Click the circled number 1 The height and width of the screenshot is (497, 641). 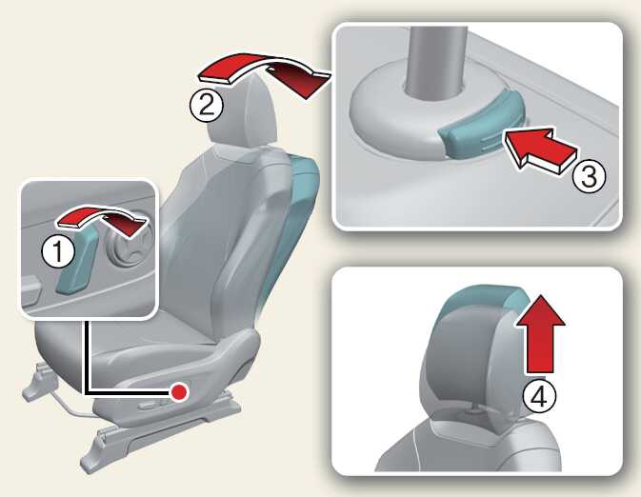tap(58, 251)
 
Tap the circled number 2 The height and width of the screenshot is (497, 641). tap(207, 105)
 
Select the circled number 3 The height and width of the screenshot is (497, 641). tap(589, 176)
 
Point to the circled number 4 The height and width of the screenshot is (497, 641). tap(540, 396)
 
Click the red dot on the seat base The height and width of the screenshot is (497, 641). tap(179, 392)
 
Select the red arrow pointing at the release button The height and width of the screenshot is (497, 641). tap(540, 150)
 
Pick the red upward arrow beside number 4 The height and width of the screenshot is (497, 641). tap(540, 334)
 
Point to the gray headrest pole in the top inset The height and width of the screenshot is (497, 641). tap(437, 61)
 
